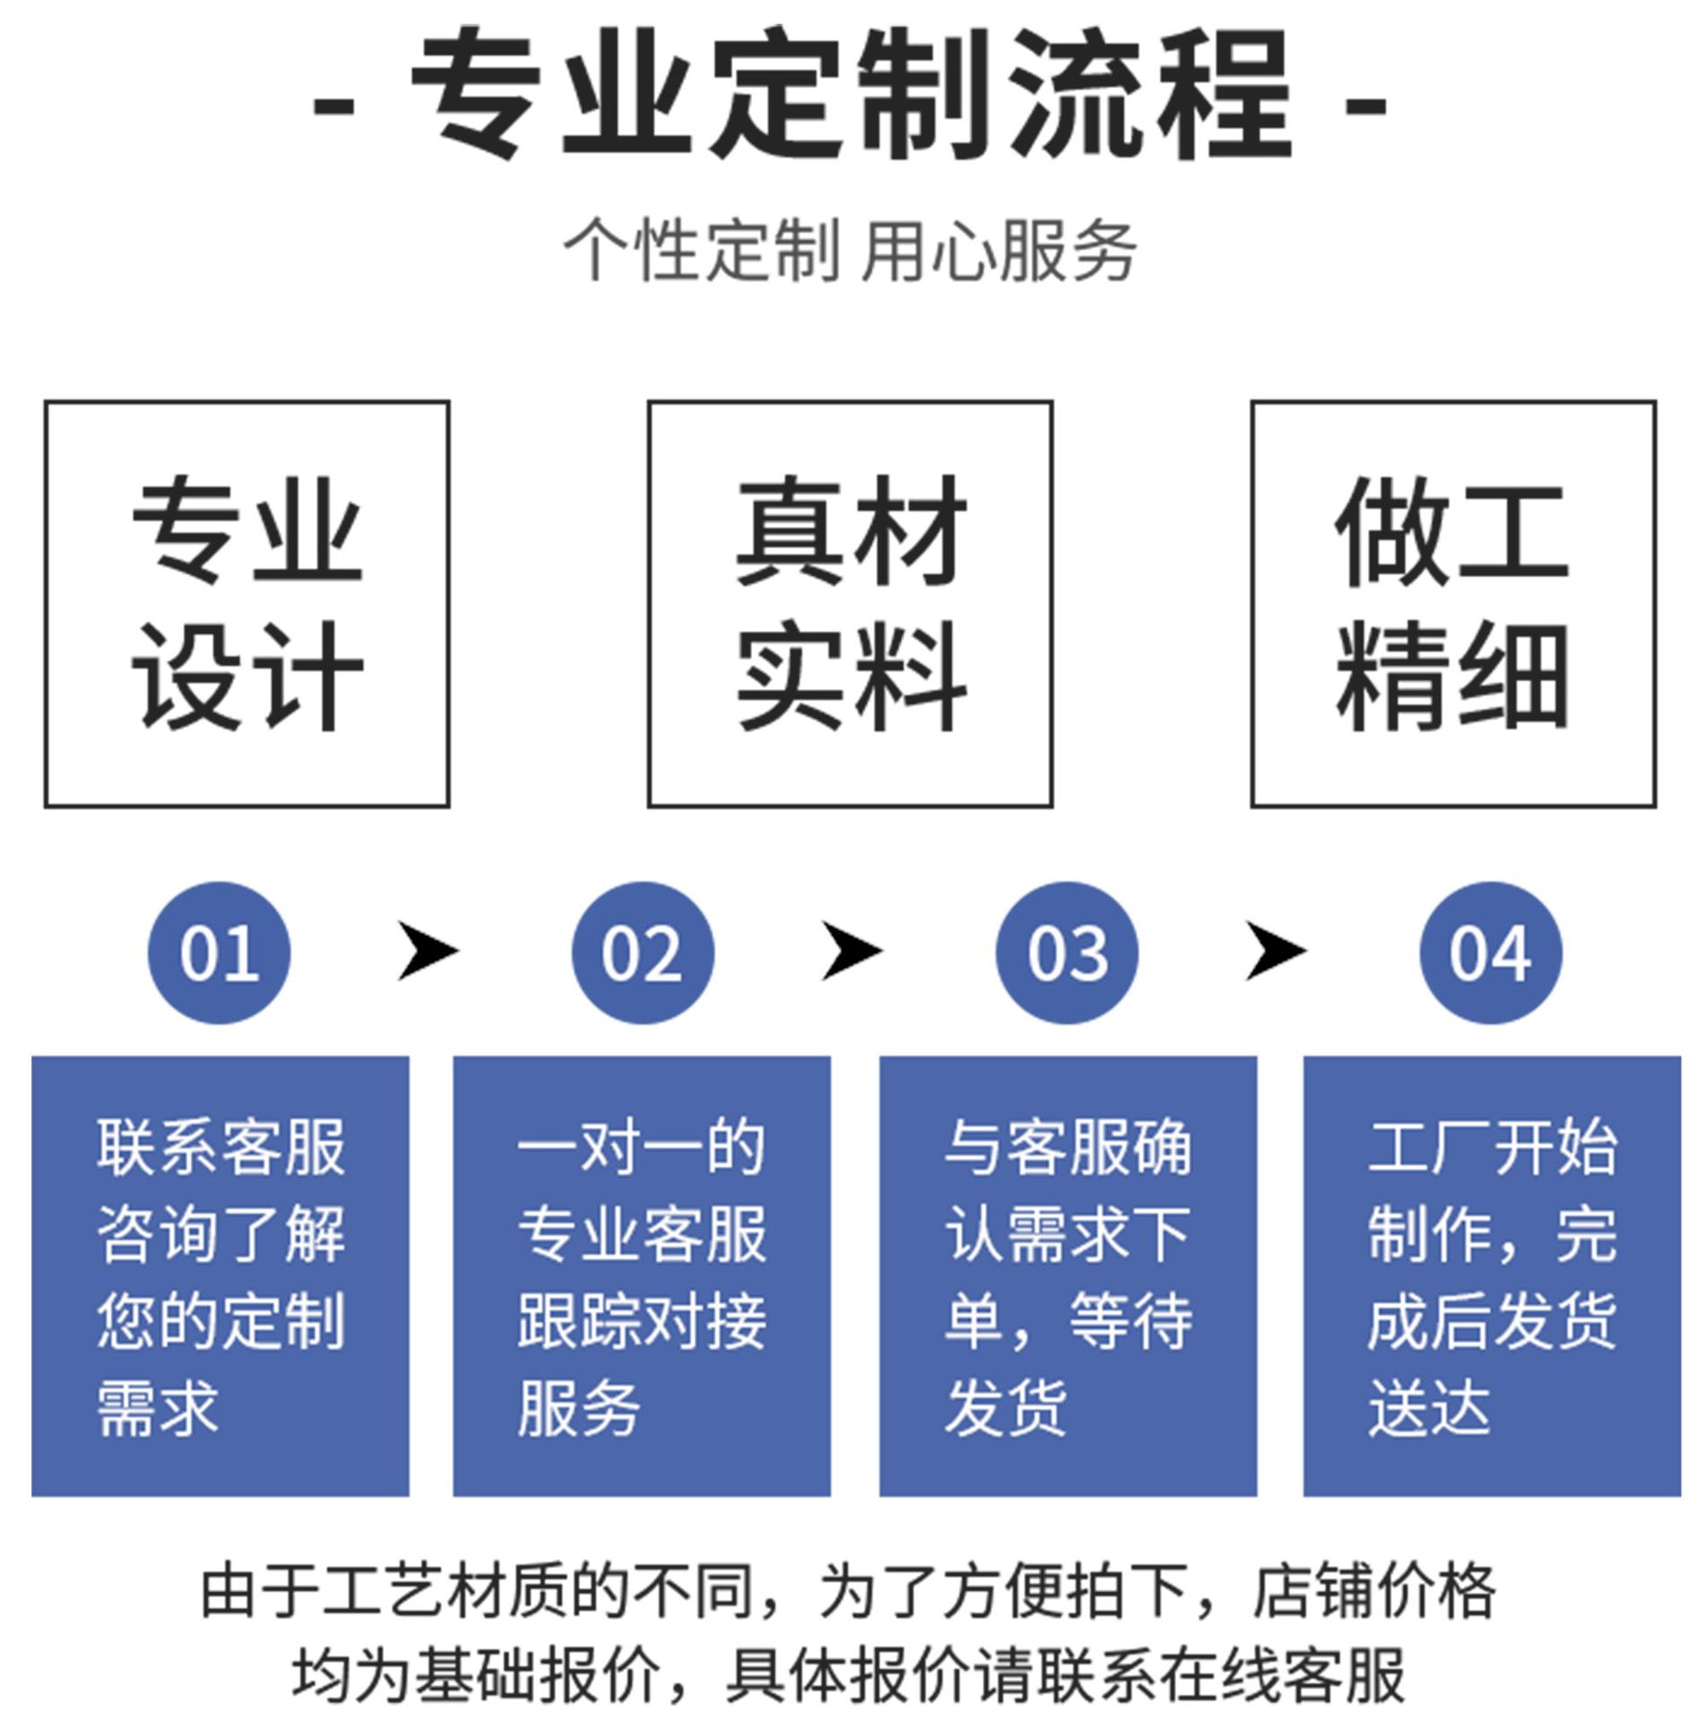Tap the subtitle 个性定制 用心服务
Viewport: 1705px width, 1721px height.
click(x=850, y=250)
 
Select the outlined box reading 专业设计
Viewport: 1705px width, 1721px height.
click(x=247, y=603)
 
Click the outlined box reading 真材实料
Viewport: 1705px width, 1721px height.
click(x=850, y=603)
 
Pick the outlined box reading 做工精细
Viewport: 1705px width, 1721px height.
click(x=1453, y=603)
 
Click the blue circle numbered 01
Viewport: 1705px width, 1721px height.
click(x=219, y=953)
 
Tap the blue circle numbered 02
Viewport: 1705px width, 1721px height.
click(x=643, y=953)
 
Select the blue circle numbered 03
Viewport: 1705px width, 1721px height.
click(x=1067, y=953)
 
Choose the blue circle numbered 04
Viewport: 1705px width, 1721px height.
click(x=1491, y=953)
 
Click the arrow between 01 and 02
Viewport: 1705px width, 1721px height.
click(x=428, y=951)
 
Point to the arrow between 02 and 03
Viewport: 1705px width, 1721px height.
click(x=852, y=951)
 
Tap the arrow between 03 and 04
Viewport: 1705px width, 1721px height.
click(x=1276, y=951)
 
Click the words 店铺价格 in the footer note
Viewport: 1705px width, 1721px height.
click(x=1374, y=1591)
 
